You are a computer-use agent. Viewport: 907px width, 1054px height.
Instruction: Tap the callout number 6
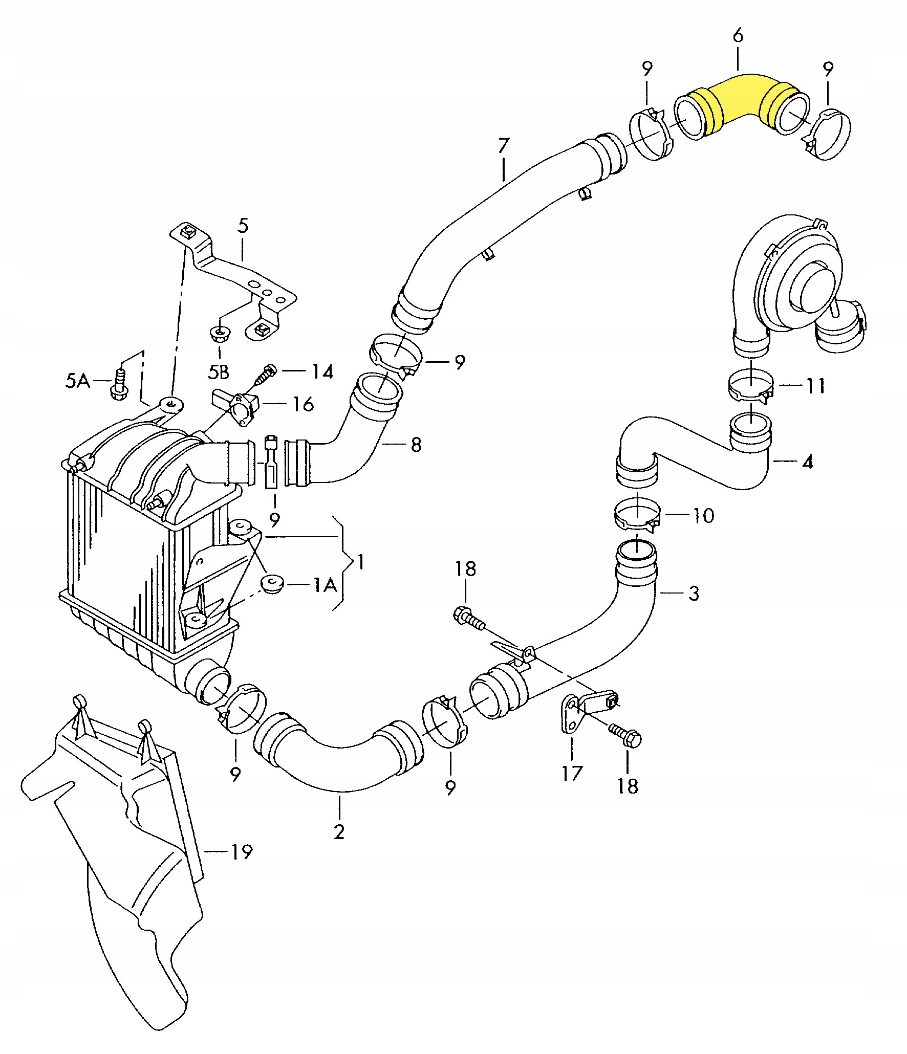(738, 36)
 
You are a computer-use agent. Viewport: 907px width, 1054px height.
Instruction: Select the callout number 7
(504, 146)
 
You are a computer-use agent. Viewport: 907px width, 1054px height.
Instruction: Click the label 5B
(219, 372)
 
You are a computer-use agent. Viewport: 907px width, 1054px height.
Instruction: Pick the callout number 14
(322, 371)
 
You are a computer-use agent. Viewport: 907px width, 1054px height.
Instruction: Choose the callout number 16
(303, 404)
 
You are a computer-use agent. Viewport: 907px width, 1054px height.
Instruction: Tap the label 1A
(324, 584)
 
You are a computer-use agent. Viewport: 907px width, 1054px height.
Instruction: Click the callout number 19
(241, 852)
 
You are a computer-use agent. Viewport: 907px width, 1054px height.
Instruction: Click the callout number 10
(703, 515)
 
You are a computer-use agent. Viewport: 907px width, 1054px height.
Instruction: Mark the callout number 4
(807, 462)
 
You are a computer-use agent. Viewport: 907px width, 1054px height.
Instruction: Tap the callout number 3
(694, 594)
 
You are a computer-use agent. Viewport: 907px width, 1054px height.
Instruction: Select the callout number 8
(416, 445)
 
